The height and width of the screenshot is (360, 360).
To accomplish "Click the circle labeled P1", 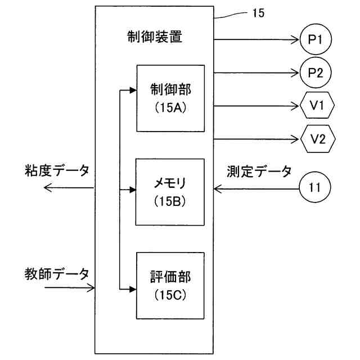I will tap(316, 39).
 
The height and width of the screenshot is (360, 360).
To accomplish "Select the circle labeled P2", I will tap(316, 73).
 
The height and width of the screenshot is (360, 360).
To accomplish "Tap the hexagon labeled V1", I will tap(318, 105).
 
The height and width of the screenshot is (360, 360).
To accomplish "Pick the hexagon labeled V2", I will tap(318, 138).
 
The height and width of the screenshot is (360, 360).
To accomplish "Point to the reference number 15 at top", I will tap(258, 13).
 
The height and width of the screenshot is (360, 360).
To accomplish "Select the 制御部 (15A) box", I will tap(171, 98).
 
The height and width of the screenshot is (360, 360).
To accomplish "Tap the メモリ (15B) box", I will tap(171, 192).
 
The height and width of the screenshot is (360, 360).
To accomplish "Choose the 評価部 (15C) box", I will tap(171, 285).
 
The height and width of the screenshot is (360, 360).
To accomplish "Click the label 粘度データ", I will tap(57, 170).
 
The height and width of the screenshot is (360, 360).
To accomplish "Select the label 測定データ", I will tap(259, 170).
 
